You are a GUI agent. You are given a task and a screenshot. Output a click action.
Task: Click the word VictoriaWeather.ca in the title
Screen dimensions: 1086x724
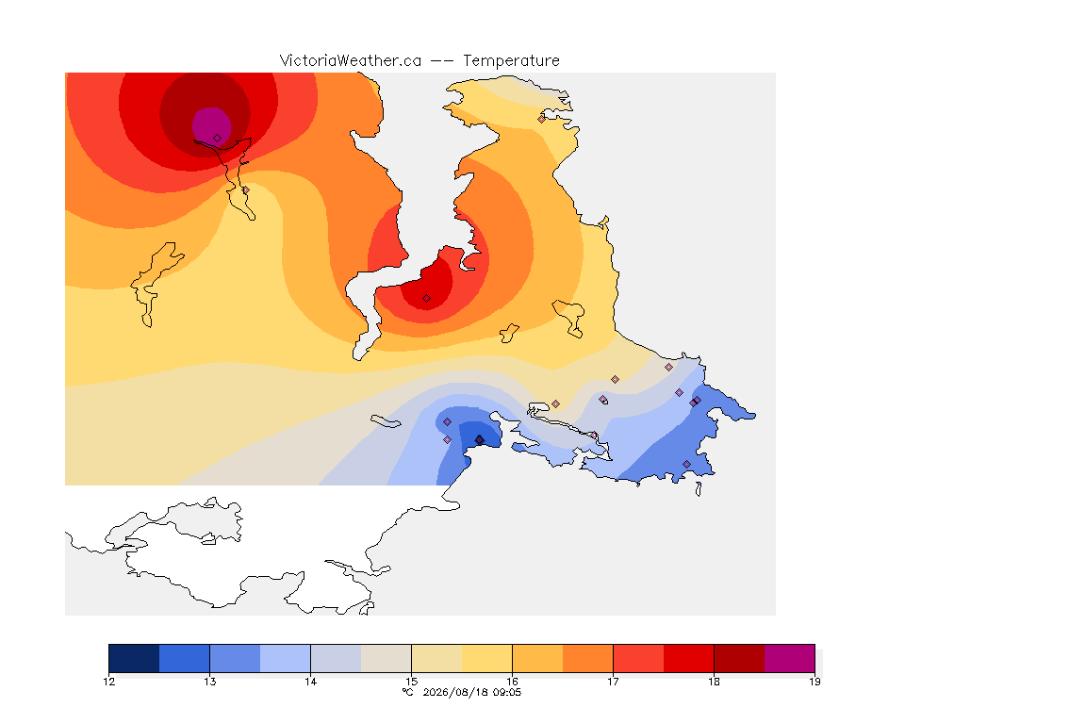[351, 61]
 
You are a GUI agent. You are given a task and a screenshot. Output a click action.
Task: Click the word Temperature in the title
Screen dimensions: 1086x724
[511, 61]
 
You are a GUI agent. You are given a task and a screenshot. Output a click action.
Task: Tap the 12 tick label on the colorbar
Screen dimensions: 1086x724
[108, 682]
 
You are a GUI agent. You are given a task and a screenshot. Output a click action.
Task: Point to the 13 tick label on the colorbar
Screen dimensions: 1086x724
[210, 682]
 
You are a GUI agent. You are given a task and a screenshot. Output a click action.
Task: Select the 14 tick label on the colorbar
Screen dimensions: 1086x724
[310, 682]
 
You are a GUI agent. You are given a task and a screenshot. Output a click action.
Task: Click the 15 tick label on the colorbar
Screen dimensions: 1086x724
[411, 682]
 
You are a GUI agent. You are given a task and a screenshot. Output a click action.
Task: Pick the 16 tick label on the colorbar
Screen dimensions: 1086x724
[512, 682]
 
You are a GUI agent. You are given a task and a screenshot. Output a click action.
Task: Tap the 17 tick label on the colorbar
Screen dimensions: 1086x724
[613, 682]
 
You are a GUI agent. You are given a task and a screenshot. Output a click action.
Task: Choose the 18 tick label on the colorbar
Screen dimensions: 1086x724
[714, 682]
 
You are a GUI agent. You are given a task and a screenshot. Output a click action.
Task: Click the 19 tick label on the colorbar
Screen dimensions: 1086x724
[814, 682]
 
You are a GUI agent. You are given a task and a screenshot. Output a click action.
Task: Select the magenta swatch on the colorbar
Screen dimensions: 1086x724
[790, 658]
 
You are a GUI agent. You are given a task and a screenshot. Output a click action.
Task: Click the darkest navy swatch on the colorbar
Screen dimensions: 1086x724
[135, 658]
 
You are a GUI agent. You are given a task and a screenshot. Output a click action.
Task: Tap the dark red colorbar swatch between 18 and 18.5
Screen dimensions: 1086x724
[739, 658]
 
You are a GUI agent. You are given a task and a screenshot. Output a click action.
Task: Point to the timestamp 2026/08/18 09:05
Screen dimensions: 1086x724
[471, 692]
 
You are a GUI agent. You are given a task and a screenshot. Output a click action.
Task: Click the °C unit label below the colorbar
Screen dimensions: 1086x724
[408, 692]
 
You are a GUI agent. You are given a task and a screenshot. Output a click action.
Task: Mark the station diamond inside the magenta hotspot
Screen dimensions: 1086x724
[218, 139]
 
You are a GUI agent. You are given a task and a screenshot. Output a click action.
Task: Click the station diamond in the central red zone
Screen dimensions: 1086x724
[427, 299]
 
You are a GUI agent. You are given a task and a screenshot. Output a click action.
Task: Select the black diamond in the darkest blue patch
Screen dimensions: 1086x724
[479, 440]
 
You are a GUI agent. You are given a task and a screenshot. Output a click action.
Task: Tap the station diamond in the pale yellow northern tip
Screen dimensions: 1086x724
[542, 119]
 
